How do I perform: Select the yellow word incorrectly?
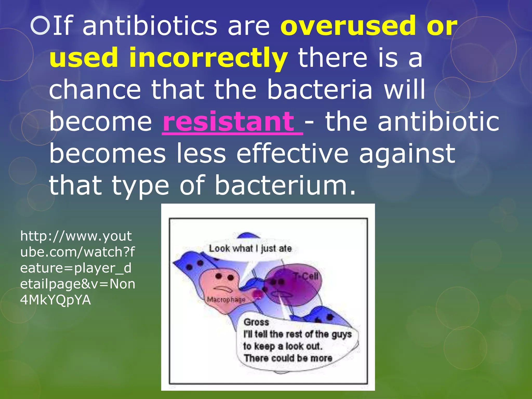pos(208,58)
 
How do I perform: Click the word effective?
pos(292,154)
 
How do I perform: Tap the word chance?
pos(95,90)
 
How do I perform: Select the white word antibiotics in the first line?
pos(150,26)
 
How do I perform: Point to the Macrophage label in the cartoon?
pos(226,300)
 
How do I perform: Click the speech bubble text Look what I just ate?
pos(250,249)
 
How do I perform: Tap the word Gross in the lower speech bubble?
pos(256,322)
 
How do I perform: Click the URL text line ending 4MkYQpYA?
pos(56,300)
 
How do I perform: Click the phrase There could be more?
pos(288,358)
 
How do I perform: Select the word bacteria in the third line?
pos(320,90)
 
